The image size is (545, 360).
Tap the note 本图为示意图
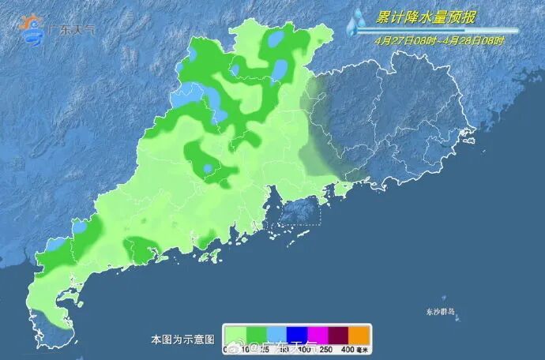pos(182,339)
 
